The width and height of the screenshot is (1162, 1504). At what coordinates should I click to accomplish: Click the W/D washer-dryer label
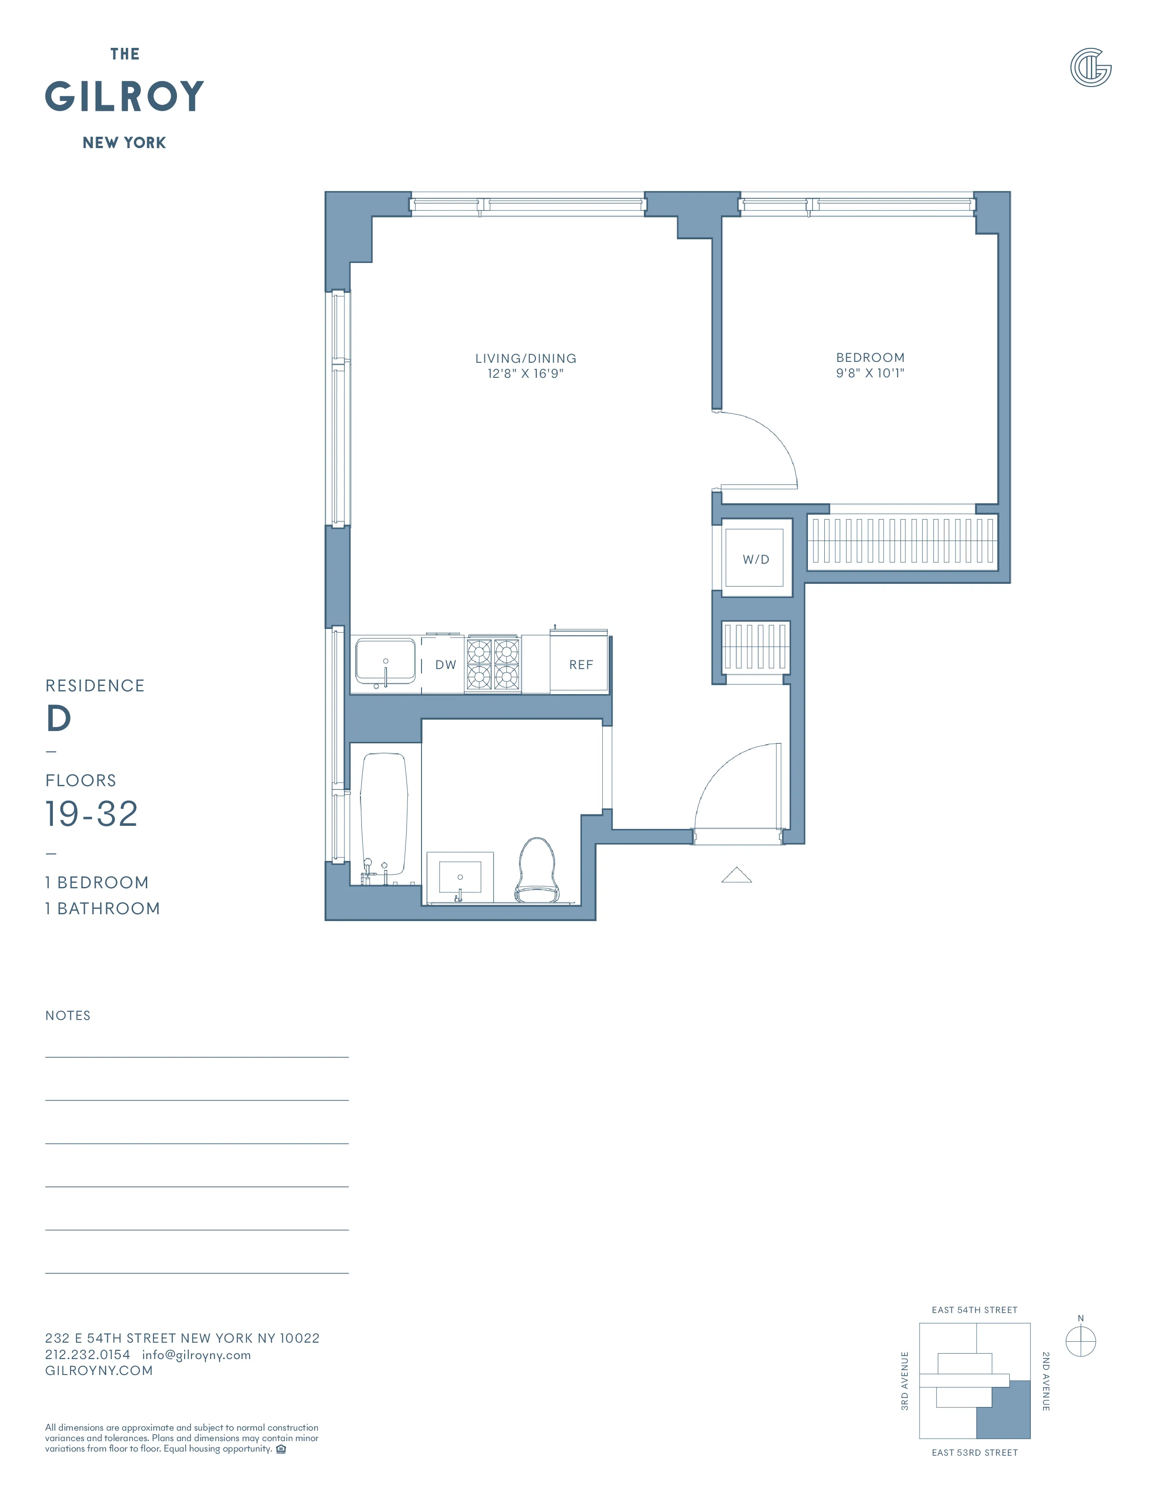755,559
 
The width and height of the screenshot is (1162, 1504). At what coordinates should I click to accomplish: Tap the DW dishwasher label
445,664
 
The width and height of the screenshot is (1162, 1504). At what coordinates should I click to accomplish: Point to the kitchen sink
385,662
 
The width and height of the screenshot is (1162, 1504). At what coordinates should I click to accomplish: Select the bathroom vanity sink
460,876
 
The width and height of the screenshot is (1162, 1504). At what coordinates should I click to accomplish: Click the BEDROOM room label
870,357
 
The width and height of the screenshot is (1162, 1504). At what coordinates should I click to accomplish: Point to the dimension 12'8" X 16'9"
525,374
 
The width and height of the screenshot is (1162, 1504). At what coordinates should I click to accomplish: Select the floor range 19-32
92,814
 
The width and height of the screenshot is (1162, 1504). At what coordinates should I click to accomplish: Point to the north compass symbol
1080,1341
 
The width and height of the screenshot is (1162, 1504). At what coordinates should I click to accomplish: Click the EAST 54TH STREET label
974,1310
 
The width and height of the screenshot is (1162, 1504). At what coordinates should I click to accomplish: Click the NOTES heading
67,1016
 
